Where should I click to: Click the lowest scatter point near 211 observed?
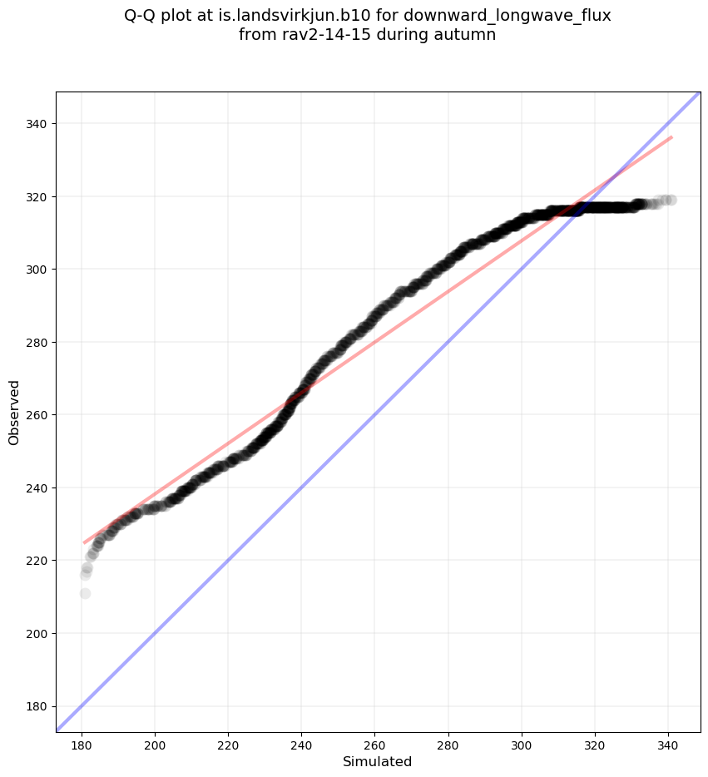click(85, 593)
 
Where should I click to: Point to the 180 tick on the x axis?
click(82, 733)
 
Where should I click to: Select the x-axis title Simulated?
click(378, 761)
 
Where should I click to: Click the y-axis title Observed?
click(14, 412)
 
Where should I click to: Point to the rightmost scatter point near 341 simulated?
click(671, 200)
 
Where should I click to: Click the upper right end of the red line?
click(671, 137)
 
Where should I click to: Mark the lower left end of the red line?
click(84, 543)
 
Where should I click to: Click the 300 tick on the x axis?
click(522, 733)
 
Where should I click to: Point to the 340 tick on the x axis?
click(668, 733)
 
